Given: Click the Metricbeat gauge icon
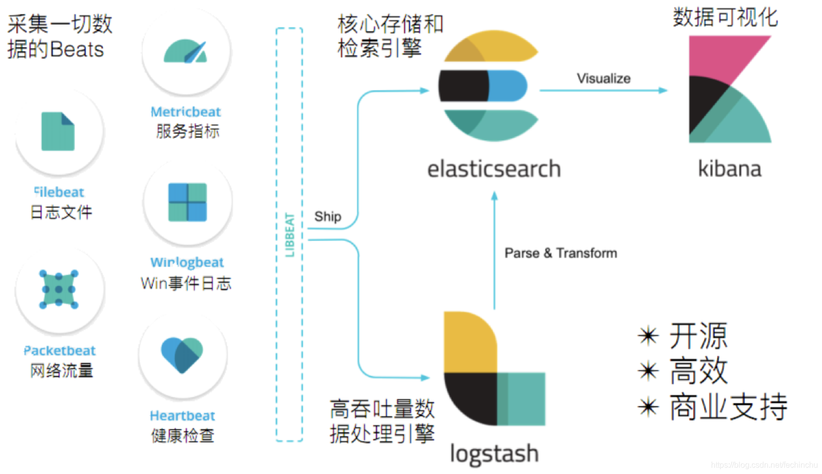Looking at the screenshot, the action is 185,51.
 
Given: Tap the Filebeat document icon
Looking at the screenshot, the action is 58,131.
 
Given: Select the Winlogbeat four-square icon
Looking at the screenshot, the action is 187,202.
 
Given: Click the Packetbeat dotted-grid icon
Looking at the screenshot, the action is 58,289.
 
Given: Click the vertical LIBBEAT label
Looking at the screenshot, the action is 290,235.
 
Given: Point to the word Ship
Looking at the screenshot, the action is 327,216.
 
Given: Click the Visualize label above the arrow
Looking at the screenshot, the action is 603,78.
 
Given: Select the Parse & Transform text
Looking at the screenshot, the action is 560,253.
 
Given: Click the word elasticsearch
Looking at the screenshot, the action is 494,169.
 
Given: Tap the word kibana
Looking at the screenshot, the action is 729,169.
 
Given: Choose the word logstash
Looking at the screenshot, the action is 494,454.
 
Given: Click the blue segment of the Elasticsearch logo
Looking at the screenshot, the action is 508,86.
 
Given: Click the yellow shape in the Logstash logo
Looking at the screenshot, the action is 470,342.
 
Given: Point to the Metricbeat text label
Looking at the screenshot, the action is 185,111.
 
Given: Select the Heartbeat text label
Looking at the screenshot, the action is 182,415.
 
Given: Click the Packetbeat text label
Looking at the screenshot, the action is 59,350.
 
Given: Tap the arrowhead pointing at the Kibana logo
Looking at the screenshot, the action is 662,90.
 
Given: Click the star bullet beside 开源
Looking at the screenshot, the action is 648,335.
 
